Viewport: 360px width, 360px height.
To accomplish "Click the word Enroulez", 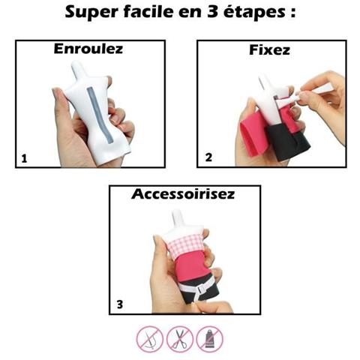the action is coord(88,49).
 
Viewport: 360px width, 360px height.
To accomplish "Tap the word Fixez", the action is coord(269,50).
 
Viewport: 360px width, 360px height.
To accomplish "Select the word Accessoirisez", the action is coord(183,194).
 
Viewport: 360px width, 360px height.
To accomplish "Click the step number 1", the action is coord(24,159).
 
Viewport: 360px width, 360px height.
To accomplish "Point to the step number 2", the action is coord(208,157).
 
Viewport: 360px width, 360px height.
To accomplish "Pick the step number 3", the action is coord(120,304).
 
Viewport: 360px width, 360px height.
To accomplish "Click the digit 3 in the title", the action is coord(212,12).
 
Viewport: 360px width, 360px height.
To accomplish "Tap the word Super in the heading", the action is coord(91,13).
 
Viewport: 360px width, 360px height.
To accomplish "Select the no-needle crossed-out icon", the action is coord(150,339).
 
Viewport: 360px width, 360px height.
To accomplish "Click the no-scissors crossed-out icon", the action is coord(180,339).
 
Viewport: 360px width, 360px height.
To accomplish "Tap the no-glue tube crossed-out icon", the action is coord(209,339).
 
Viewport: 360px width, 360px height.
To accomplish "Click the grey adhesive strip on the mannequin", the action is coord(99,115).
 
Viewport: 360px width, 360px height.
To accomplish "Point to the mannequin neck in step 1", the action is coord(78,68).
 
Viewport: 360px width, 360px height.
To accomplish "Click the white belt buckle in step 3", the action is coord(201,289).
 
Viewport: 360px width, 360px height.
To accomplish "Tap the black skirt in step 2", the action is coord(287,142).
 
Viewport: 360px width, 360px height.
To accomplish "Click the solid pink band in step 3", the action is coord(193,265).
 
